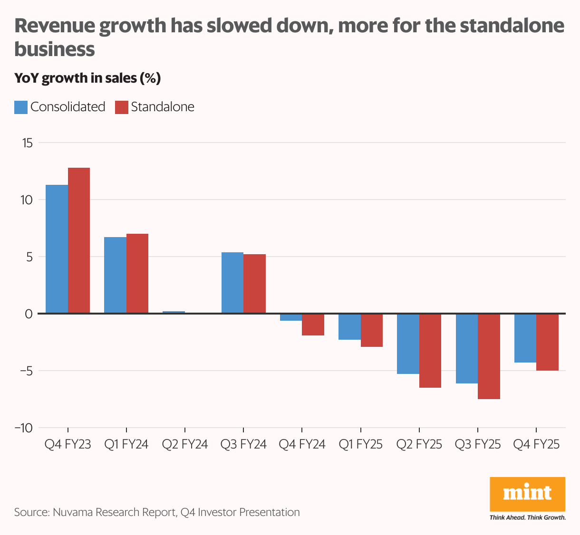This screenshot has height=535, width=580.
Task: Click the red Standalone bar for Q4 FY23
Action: tap(79, 240)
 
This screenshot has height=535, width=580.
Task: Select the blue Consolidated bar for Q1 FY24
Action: tap(115, 275)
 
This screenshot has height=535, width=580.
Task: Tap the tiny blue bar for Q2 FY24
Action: tap(174, 312)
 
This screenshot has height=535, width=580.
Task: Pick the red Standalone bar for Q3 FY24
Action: tap(254, 284)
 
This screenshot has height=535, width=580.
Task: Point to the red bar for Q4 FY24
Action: tap(313, 325)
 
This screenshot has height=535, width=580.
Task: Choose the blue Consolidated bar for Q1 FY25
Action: tap(349, 327)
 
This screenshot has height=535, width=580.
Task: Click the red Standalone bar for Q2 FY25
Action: tap(430, 351)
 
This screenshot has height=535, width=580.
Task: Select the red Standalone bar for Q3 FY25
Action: tap(489, 356)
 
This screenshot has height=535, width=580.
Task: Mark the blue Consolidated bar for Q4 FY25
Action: tap(525, 338)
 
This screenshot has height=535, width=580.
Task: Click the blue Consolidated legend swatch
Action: tap(21, 107)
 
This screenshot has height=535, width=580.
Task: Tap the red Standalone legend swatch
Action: tap(122, 107)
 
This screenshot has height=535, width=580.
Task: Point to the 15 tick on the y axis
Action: tap(27, 143)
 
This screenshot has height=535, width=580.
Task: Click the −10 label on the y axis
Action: tap(24, 428)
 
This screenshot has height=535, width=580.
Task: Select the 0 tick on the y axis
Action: tap(29, 314)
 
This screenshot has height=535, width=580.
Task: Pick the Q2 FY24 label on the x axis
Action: tap(185, 445)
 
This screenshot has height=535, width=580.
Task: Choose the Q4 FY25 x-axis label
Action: tap(536, 445)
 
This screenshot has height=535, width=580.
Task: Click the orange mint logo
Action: tap(527, 494)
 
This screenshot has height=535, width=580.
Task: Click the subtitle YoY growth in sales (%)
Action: tap(87, 78)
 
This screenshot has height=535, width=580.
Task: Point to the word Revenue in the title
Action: tap(52, 26)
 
